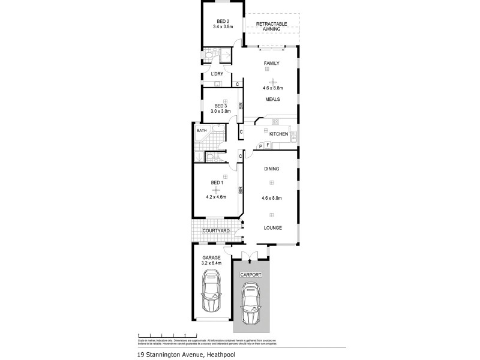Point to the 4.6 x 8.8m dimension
pyautogui.click(x=273, y=88)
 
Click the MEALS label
pyautogui.click(x=273, y=100)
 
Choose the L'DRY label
pyautogui.click(x=217, y=74)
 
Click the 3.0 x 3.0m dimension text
pyautogui.click(x=221, y=112)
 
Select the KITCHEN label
pyautogui.click(x=278, y=134)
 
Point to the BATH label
pyautogui.click(x=202, y=130)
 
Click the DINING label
pyautogui.click(x=271, y=169)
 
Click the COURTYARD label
pyautogui.click(x=215, y=230)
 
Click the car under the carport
pyautogui.click(x=251, y=303)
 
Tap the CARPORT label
pyautogui.click(x=251, y=274)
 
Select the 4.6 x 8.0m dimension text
pyautogui.click(x=272, y=198)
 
